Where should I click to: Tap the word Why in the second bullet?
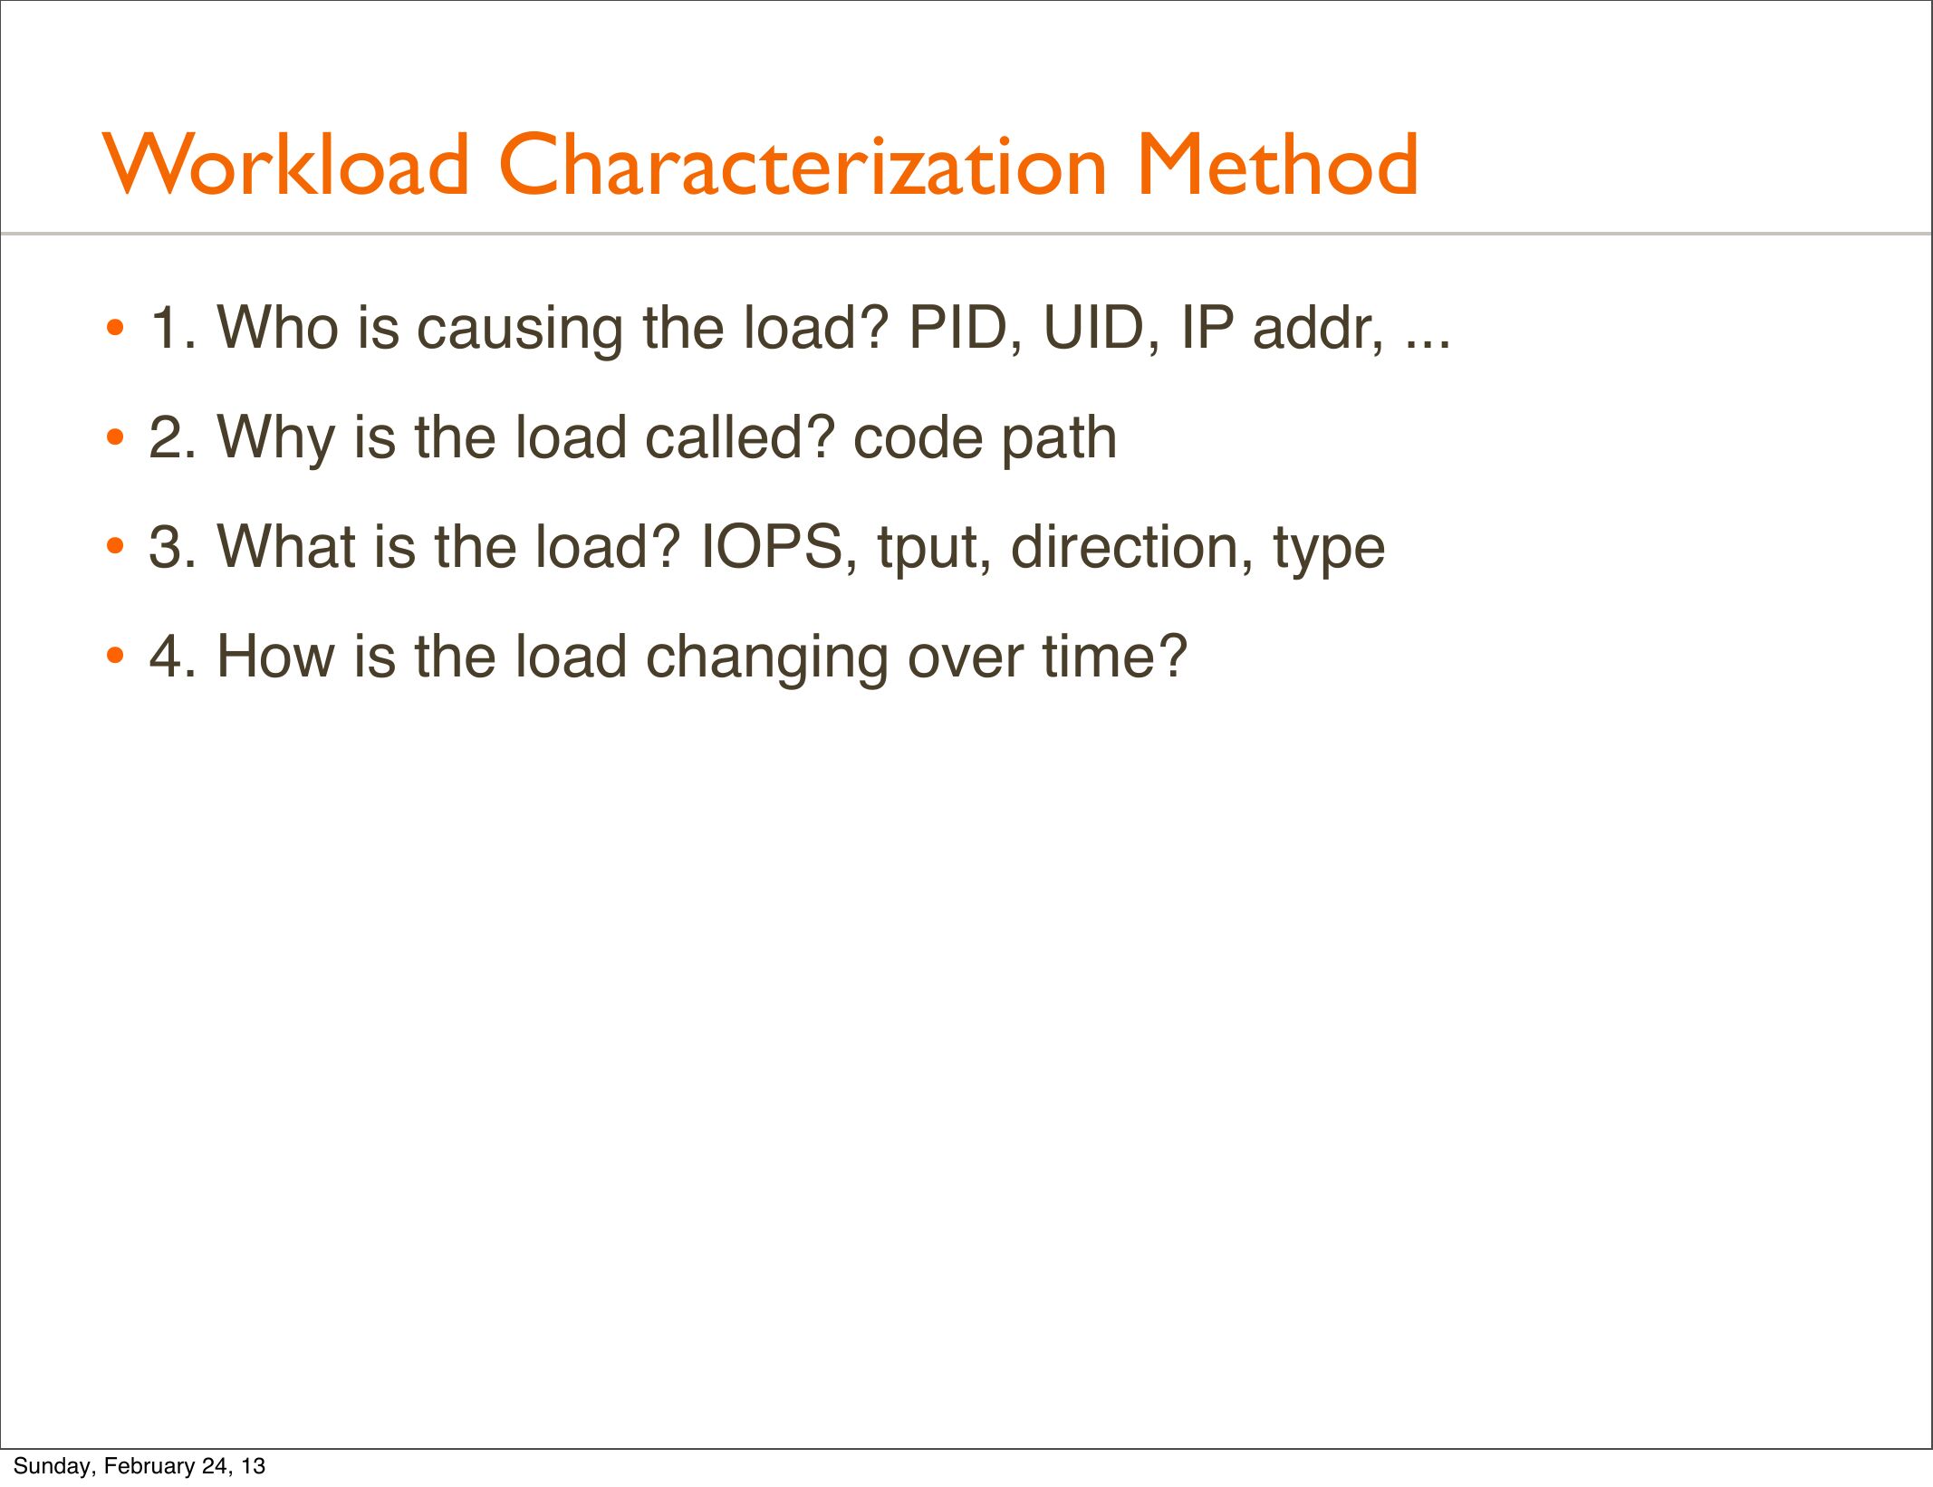tap(277, 438)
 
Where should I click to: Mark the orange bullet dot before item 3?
tap(114, 548)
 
